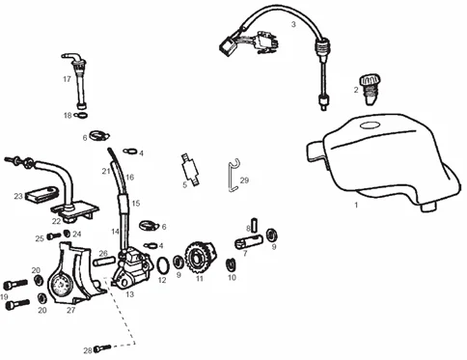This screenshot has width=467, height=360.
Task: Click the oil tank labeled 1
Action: click(383, 161)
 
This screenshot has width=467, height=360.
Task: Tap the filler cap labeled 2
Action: click(370, 90)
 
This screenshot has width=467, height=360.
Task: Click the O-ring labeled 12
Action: click(163, 266)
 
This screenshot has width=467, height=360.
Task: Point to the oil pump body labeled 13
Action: click(132, 267)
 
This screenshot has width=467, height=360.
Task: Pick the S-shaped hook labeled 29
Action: click(232, 176)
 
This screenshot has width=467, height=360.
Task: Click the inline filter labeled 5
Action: click(190, 170)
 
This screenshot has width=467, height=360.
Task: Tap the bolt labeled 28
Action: click(102, 348)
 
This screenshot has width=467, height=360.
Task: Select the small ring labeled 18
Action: click(80, 115)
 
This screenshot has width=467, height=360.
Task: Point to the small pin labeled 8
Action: click(255, 225)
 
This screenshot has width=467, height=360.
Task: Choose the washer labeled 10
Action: click(231, 264)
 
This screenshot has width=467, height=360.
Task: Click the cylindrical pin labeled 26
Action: click(104, 262)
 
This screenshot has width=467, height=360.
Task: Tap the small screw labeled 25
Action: click(54, 236)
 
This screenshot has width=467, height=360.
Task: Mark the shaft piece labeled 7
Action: click(248, 242)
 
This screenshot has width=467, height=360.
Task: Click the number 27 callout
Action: click(70, 310)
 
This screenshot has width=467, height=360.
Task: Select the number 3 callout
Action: click(293, 24)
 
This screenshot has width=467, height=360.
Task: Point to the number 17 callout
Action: click(67, 79)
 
